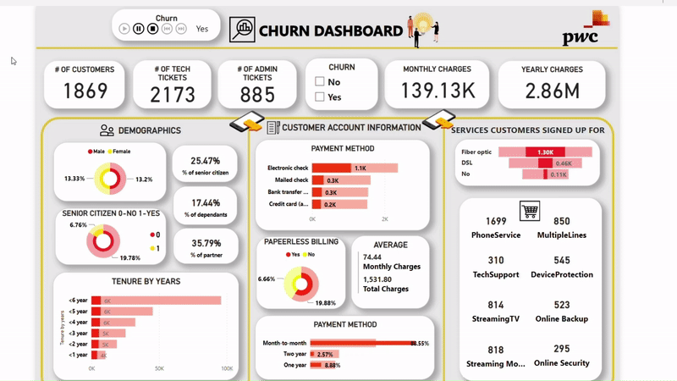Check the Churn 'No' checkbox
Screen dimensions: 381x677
tap(320, 82)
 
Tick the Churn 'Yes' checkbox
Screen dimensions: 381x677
tap(320, 97)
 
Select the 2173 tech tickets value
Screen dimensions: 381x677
tap(172, 95)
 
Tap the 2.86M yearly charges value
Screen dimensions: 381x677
tap(552, 91)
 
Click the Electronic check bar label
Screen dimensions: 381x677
tap(287, 168)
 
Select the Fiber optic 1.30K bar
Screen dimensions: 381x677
tap(546, 152)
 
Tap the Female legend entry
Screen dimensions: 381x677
tap(125, 151)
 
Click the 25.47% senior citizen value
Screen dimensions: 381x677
tap(205, 160)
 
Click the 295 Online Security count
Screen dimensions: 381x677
tap(561, 349)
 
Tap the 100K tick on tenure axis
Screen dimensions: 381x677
tap(226, 369)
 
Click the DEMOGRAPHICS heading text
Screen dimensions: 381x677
tap(149, 130)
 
